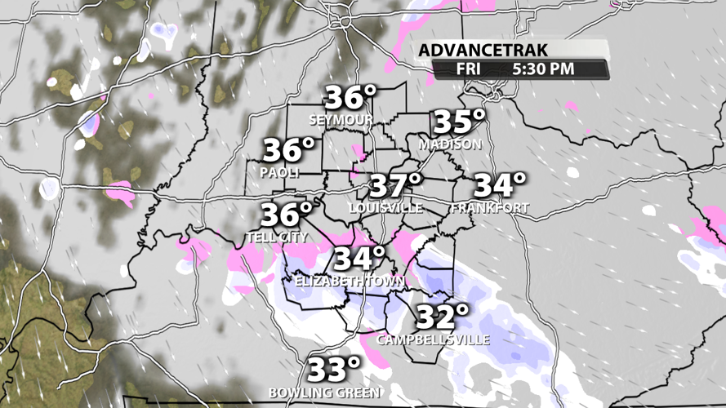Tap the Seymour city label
pyautogui.click(x=341, y=120)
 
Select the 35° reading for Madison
pyautogui.click(x=459, y=122)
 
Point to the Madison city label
pyautogui.click(x=450, y=144)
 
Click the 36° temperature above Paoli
pyautogui.click(x=288, y=151)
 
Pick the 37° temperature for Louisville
pyautogui.click(x=396, y=186)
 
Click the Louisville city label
pyautogui.click(x=385, y=208)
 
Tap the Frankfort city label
pyautogui.click(x=489, y=208)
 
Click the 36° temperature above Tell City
pyautogui.click(x=287, y=215)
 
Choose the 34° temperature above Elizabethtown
pyautogui.click(x=359, y=259)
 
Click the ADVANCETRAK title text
pyautogui.click(x=475, y=51)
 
